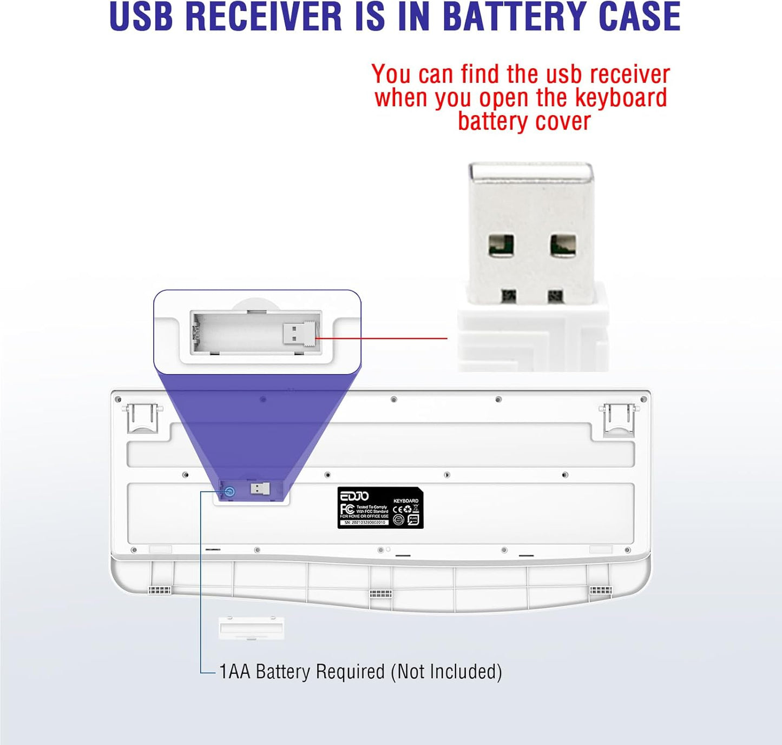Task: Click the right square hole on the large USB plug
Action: point(563,245)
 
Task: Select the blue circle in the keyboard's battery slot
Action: point(229,492)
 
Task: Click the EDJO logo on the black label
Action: point(354,496)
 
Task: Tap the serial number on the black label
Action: point(365,523)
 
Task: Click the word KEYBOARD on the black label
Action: point(405,501)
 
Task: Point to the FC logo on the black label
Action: point(347,509)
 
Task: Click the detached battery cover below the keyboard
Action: point(251,628)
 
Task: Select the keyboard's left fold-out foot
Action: point(142,418)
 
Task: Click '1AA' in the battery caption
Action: point(234,672)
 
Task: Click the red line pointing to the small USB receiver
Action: point(382,338)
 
